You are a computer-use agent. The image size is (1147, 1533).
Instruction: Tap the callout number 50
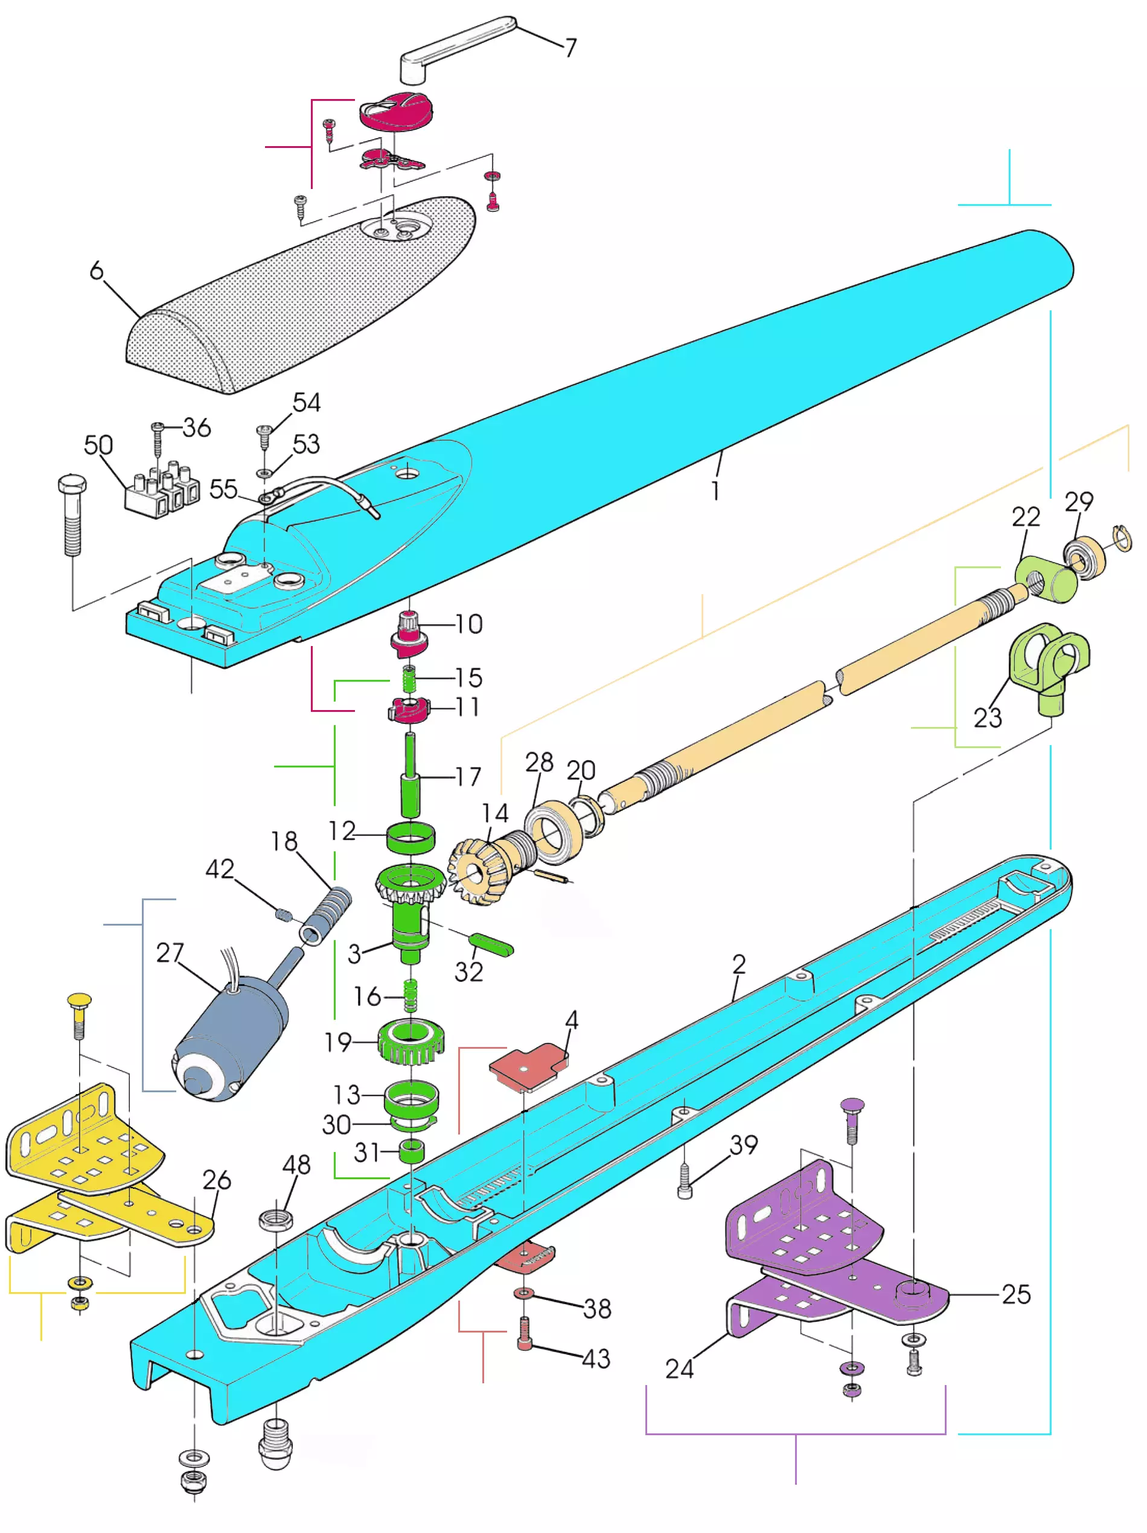point(98,445)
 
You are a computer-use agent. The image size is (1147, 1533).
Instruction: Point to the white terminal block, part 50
point(160,489)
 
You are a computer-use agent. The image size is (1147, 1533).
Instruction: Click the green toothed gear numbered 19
point(411,1042)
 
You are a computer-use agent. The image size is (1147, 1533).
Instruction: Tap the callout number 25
point(1016,1294)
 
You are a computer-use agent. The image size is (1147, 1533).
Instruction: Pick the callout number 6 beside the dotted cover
point(97,271)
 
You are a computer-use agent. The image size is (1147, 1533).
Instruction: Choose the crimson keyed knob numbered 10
point(409,632)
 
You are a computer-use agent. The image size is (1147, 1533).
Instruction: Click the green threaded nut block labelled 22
point(1044,577)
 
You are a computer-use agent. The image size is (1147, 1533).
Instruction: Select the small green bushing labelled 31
point(411,1152)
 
